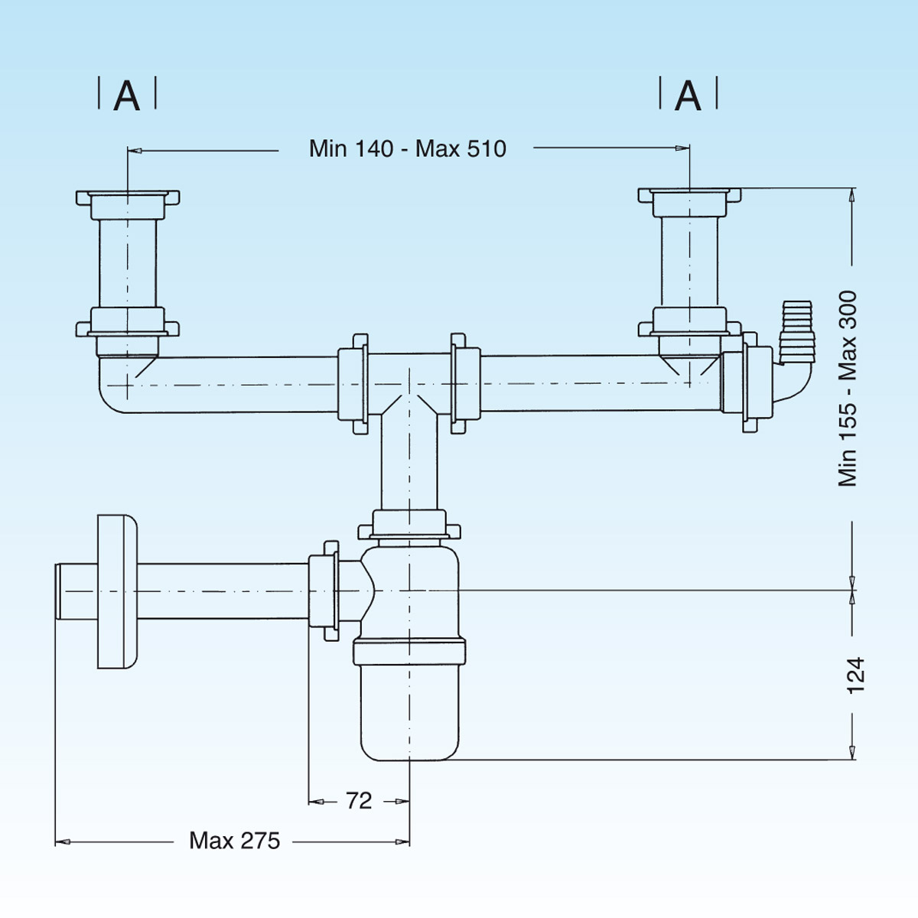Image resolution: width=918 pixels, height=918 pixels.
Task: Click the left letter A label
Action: [x=127, y=96]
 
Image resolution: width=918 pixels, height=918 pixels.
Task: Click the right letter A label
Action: [x=688, y=96]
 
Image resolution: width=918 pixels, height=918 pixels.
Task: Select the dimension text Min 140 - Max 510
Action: [x=407, y=148]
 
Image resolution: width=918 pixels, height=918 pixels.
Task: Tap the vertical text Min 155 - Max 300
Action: [x=848, y=388]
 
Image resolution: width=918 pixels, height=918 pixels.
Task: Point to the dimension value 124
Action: [x=855, y=675]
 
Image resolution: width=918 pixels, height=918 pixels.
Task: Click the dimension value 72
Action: [x=358, y=801]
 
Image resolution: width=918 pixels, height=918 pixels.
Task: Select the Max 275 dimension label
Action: [x=235, y=841]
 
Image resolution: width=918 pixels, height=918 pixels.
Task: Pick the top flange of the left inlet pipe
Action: [x=128, y=197]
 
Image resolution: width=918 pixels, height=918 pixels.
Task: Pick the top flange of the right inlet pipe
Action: [x=690, y=196]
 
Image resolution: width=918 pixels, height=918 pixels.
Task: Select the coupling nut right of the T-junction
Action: [x=465, y=383]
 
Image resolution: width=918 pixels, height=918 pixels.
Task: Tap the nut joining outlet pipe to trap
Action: [x=324, y=591]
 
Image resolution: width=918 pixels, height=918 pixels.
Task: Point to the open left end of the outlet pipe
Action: [x=58, y=591]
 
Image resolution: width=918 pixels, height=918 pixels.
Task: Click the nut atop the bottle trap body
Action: [x=409, y=526]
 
